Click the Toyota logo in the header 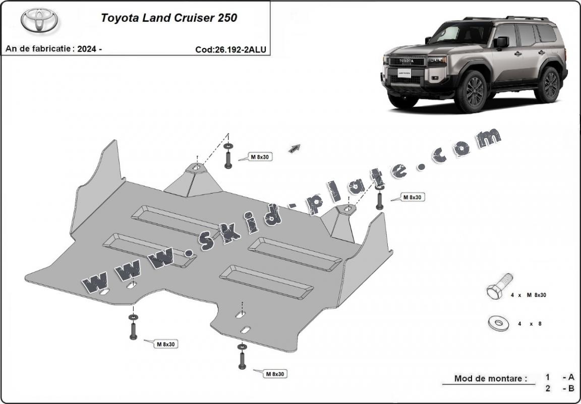coord(39,20)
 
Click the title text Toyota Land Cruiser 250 coord(169,18)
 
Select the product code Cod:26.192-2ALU coord(230,49)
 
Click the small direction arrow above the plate coord(294,148)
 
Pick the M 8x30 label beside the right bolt coord(412,197)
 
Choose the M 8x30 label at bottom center coord(275,374)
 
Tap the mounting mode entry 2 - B coord(559,388)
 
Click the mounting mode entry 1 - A coord(559,377)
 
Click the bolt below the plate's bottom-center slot coord(242,359)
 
